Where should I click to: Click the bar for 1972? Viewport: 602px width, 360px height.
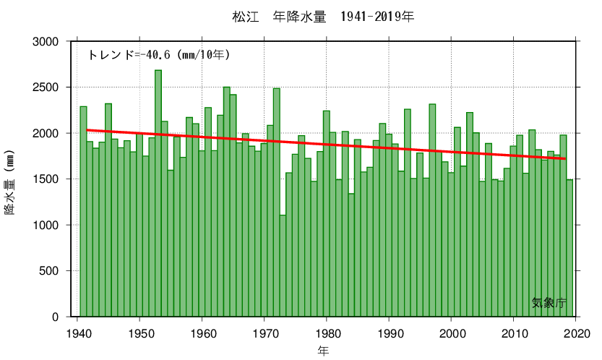277,202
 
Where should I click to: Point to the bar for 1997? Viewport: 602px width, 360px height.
432,210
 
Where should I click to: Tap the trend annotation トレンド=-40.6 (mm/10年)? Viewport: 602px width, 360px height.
159,54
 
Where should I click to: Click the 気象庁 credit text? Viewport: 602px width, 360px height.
549,303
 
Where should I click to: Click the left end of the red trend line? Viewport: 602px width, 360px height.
87,130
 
